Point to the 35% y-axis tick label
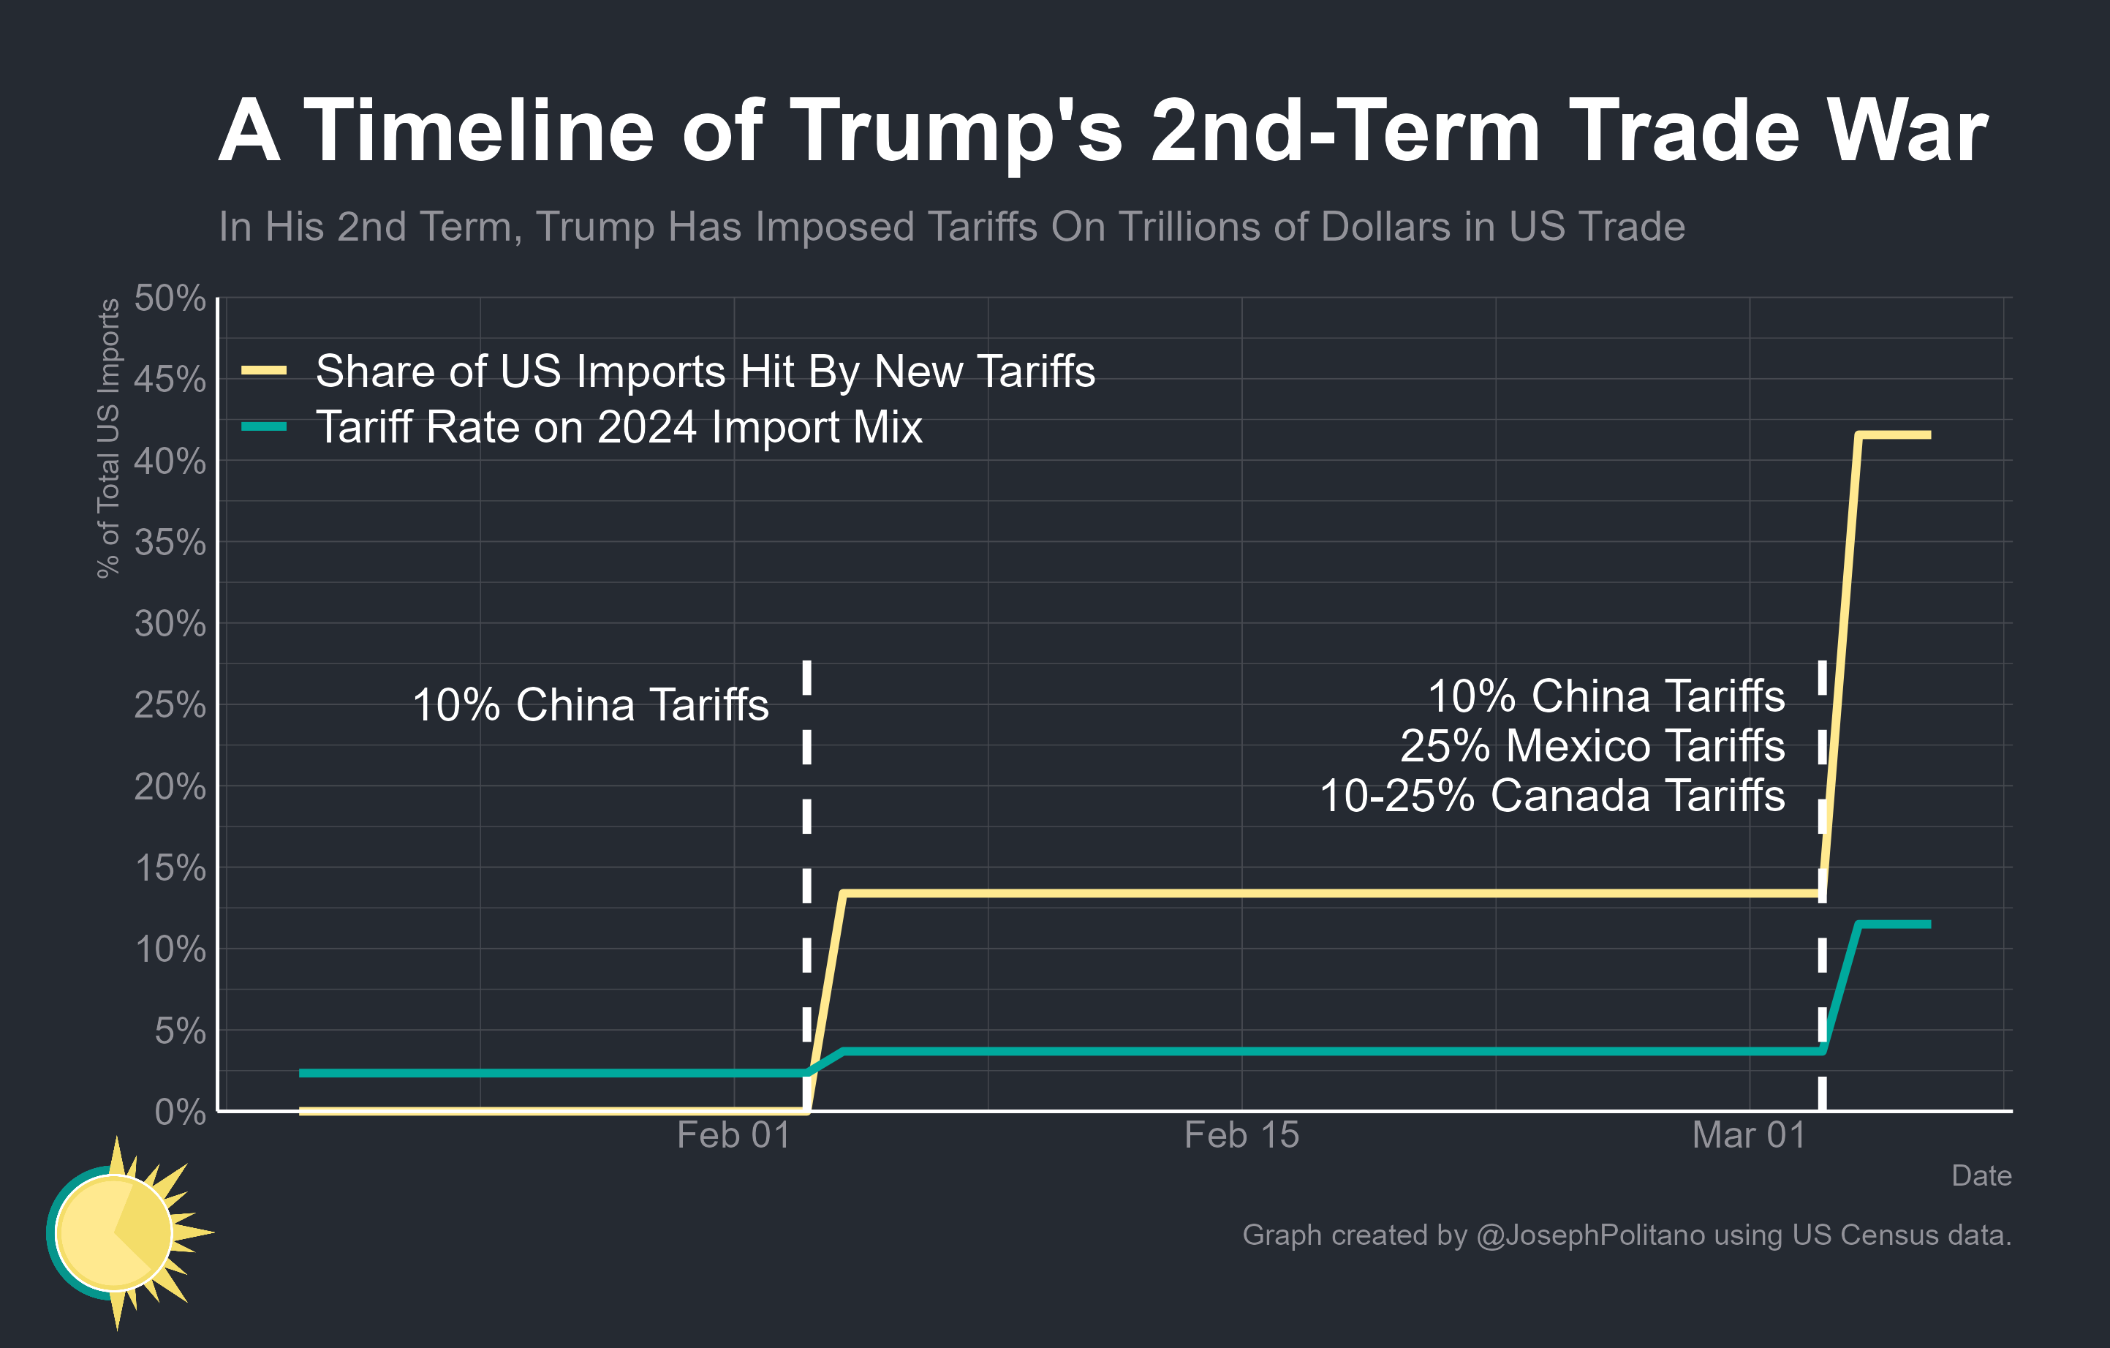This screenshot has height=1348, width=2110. point(170,543)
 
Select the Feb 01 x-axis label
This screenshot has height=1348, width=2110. point(733,1136)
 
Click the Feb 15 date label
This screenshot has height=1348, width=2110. point(1241,1136)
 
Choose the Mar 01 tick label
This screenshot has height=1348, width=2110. point(1749,1136)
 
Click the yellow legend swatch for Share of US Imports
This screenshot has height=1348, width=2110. point(264,371)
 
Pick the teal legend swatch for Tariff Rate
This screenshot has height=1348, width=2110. point(264,427)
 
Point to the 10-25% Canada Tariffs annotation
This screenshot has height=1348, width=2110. point(1552,796)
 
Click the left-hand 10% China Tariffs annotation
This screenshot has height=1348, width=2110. point(590,704)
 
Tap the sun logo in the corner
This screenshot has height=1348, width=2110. point(118,1232)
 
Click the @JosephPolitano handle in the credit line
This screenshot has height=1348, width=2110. point(1590,1235)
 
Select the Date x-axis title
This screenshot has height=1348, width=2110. point(1981,1175)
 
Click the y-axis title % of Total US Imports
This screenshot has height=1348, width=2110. point(107,438)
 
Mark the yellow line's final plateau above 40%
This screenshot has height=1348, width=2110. point(1894,434)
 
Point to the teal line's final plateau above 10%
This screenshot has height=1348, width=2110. point(1894,924)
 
